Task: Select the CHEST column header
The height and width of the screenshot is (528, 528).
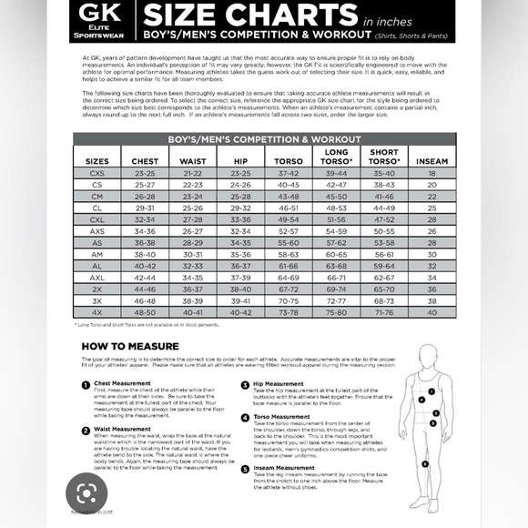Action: (145, 161)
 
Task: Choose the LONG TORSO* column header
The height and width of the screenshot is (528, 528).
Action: (336, 157)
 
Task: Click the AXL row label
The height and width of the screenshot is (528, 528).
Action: (97, 277)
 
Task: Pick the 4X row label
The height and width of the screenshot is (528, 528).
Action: (97, 312)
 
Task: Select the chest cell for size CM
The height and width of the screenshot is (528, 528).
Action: (145, 196)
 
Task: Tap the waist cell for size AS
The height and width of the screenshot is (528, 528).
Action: (192, 242)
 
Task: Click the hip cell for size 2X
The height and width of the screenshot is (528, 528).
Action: (240, 289)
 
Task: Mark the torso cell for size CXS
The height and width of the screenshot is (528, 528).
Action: (288, 172)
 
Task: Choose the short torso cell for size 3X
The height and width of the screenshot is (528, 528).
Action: (384, 300)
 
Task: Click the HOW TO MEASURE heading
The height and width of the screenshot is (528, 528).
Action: (124, 346)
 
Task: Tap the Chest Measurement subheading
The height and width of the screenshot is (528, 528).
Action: (124, 383)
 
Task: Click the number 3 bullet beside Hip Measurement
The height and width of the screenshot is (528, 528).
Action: (245, 384)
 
